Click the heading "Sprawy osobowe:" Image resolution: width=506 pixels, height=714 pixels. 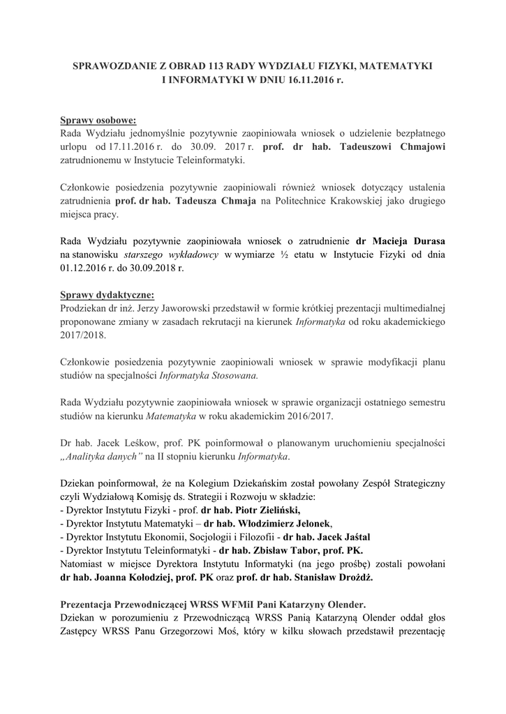pos(98,119)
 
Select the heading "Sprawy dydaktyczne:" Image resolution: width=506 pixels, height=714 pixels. pos(106,294)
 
